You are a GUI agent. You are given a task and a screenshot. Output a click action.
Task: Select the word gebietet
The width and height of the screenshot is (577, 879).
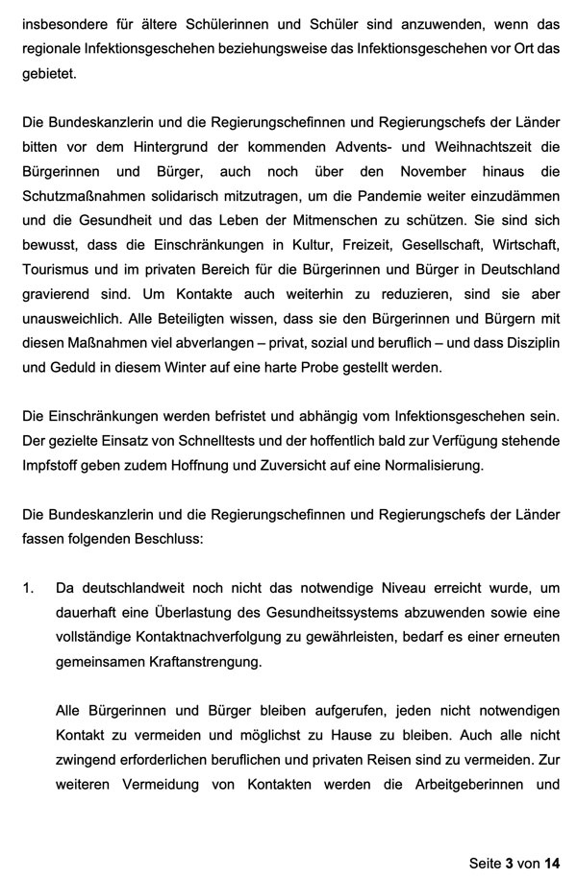click(48, 73)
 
